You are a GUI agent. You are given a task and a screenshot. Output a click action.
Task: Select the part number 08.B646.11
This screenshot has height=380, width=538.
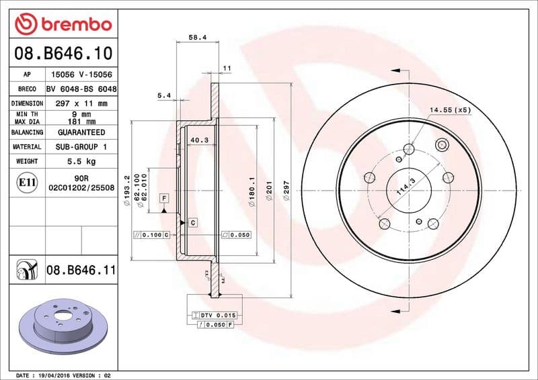pos(81,271)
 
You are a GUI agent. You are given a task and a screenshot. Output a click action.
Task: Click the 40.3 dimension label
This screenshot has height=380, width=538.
pos(198,140)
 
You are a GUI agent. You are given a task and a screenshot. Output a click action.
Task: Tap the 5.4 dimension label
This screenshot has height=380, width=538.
pos(163,95)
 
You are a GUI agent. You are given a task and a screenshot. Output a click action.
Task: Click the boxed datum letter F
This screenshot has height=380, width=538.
pos(163,198)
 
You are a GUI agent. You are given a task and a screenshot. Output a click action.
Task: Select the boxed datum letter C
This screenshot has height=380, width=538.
pos(192,222)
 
